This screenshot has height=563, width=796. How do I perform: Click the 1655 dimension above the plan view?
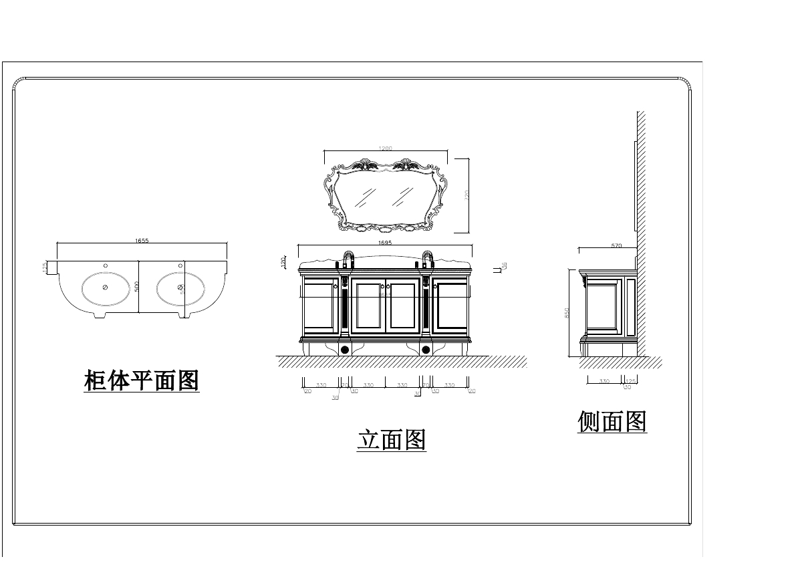pyautogui.click(x=141, y=241)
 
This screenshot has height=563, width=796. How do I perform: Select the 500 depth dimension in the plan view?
pyautogui.click(x=136, y=286)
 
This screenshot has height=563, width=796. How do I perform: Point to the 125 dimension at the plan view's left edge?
pyautogui.click(x=45, y=267)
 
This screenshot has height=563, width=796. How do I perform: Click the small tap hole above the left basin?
pyautogui.click(x=105, y=265)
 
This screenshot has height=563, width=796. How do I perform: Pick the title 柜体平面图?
pyautogui.click(x=142, y=380)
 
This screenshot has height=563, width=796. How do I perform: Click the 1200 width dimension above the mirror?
pyautogui.click(x=385, y=148)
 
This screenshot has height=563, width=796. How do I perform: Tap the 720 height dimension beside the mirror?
pyautogui.click(x=467, y=195)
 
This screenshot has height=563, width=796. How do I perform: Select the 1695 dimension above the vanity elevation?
pyautogui.click(x=385, y=243)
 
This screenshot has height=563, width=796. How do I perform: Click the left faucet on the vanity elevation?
pyautogui.click(x=348, y=258)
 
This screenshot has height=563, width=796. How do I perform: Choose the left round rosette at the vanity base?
pyautogui.click(x=345, y=349)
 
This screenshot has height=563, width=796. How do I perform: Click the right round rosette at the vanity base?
pyautogui.click(x=425, y=349)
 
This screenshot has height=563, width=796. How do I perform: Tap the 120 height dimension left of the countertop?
pyautogui.click(x=283, y=263)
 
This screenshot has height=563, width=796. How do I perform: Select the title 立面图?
pyautogui.click(x=392, y=440)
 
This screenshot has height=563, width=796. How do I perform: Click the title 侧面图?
pyautogui.click(x=612, y=422)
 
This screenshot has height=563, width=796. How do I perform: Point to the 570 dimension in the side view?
pyautogui.click(x=616, y=246)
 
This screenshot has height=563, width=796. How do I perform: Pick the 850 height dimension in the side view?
pyautogui.click(x=567, y=312)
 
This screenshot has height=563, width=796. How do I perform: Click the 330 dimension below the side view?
pyautogui.click(x=604, y=381)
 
